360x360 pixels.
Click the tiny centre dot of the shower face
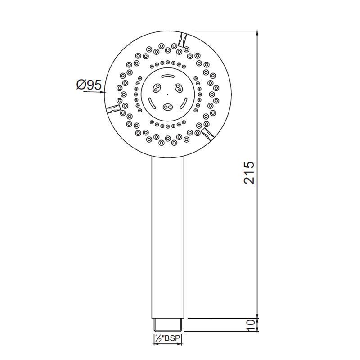point(168,94)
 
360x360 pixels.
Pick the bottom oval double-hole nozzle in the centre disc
point(168,107)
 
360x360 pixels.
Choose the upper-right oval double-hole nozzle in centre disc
point(179,87)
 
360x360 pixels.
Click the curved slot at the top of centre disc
point(168,76)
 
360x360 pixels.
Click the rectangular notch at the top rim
point(184,40)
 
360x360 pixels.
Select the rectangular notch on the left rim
point(112,108)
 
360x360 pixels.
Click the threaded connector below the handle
point(168,324)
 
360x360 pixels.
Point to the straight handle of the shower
point(168,234)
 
